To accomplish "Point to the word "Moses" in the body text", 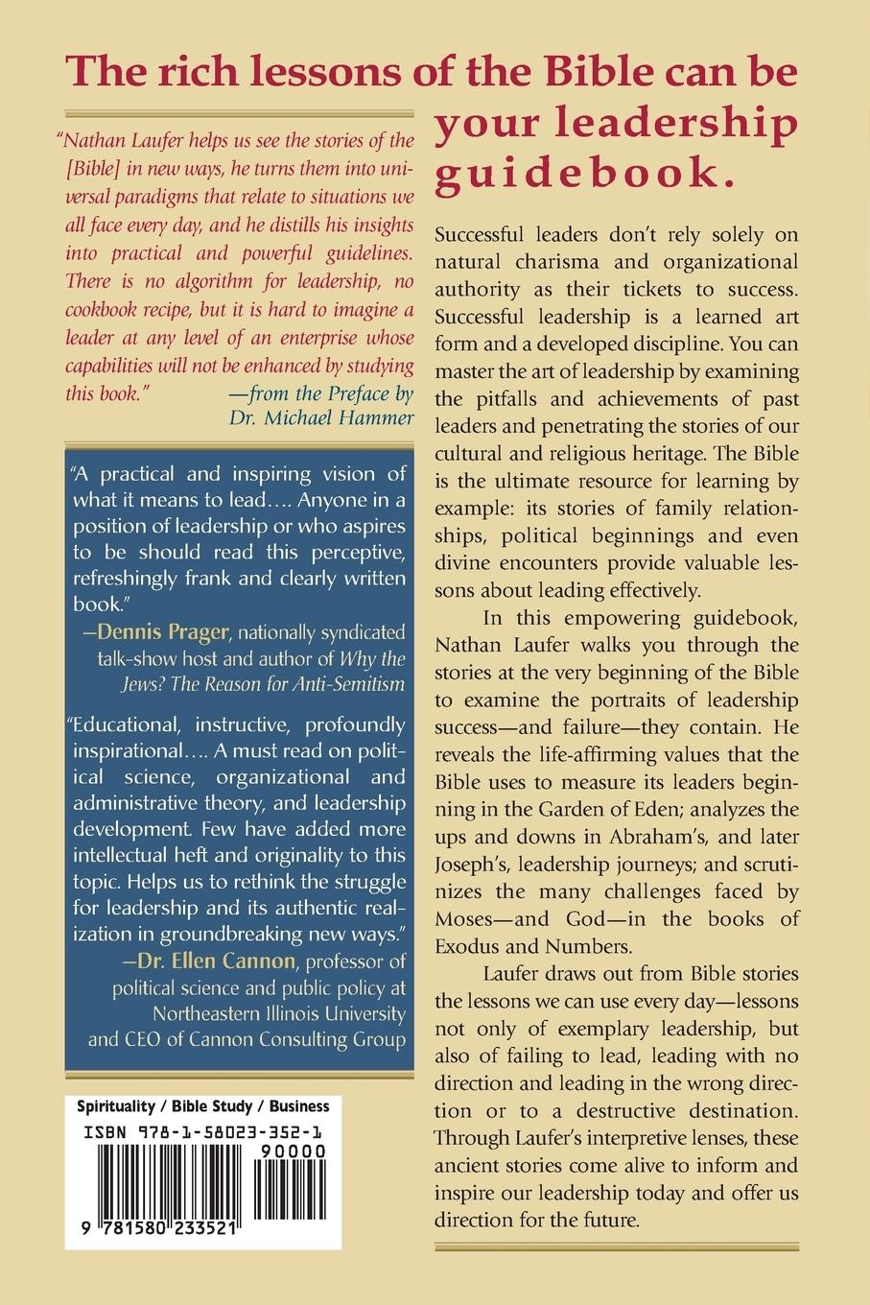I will [470, 918].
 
